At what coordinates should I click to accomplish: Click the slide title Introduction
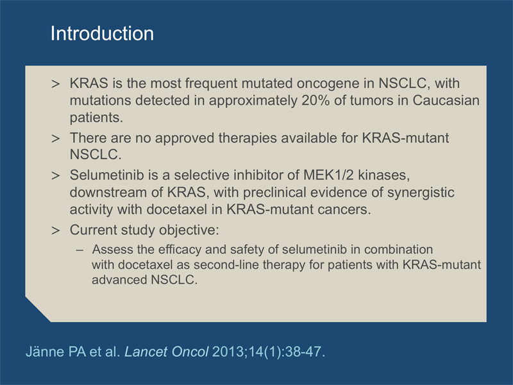[x=102, y=33]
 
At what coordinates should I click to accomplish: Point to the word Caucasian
[x=446, y=100]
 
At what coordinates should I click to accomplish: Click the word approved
[x=185, y=139]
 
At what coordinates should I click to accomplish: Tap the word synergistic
[x=421, y=193]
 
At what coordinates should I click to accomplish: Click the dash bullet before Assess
[x=80, y=250]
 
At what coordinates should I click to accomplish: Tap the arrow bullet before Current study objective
[x=56, y=230]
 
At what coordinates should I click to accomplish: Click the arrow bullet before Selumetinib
[x=56, y=176]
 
